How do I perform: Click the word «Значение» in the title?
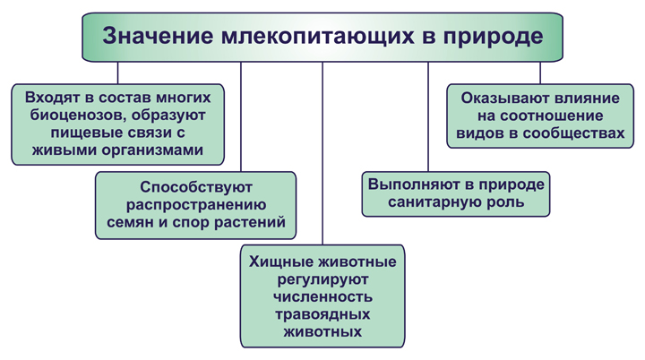[158, 36]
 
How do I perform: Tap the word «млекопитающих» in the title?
[317, 37]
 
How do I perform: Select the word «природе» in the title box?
[493, 37]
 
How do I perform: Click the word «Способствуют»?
[196, 187]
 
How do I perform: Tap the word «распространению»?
[196, 205]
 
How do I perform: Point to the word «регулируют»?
[322, 279]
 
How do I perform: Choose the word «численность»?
[322, 296]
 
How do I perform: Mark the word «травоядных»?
[322, 314]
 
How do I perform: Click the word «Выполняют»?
[413, 184]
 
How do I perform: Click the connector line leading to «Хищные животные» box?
[322, 153]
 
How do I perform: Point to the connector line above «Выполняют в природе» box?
[428, 116]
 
